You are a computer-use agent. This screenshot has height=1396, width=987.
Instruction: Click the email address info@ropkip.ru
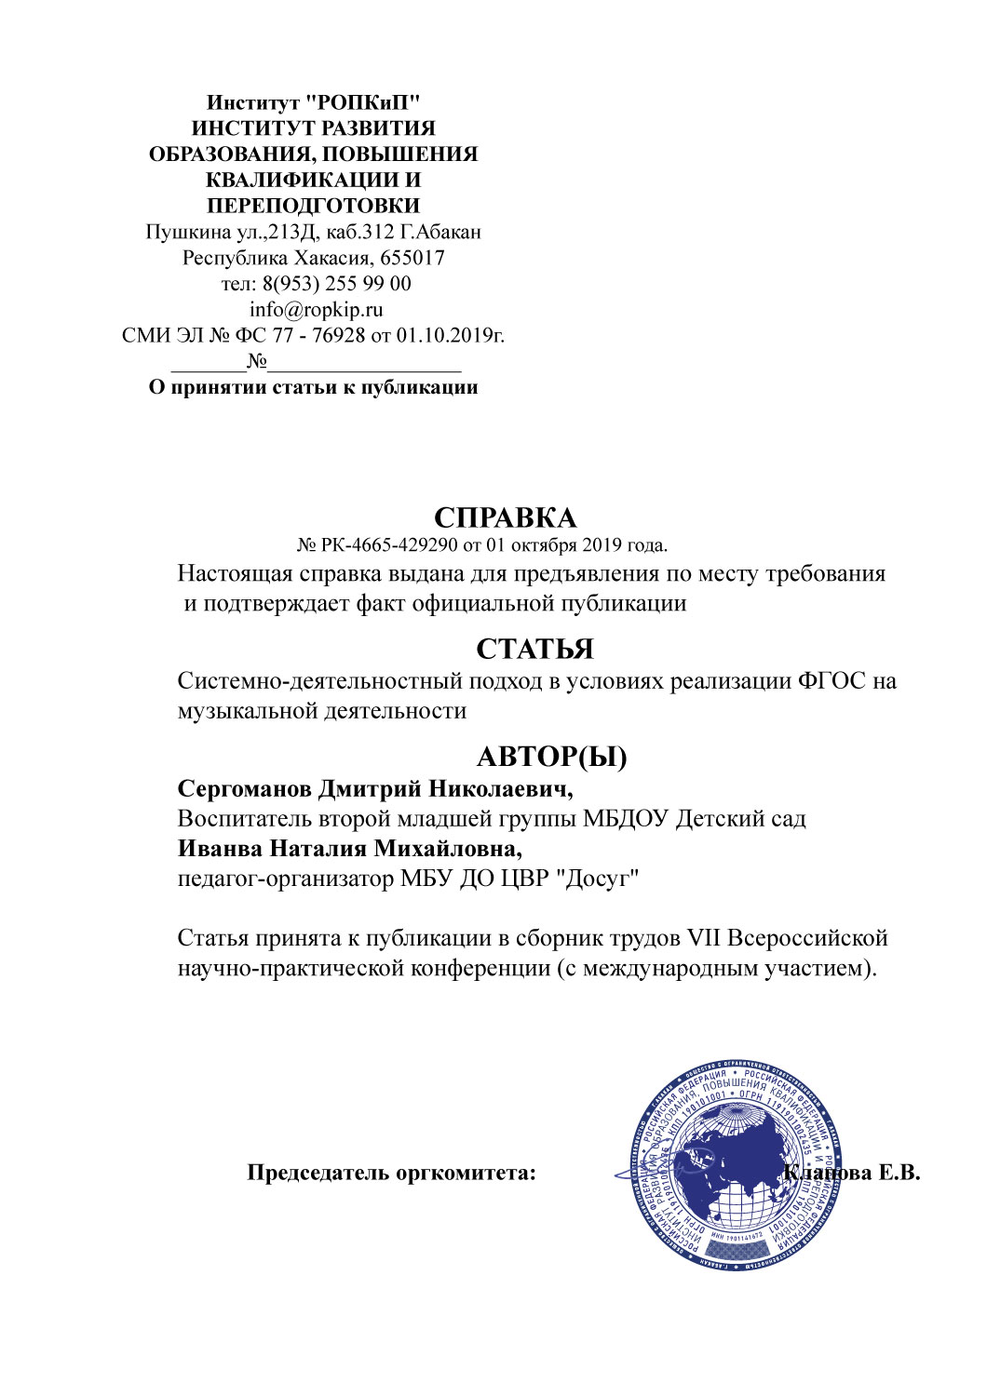[316, 310]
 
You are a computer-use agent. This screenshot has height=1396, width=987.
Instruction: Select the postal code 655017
[412, 258]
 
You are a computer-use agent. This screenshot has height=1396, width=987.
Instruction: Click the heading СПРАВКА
[505, 518]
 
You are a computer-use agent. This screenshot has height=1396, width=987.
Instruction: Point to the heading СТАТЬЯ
[534, 649]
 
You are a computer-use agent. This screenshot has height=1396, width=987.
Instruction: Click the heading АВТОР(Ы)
[551, 757]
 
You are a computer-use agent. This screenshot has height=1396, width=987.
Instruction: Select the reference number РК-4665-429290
[390, 545]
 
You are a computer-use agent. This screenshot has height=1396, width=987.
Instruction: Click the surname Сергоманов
[245, 789]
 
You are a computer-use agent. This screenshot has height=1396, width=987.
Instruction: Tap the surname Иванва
[221, 849]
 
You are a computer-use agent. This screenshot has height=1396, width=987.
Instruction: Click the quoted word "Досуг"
[597, 879]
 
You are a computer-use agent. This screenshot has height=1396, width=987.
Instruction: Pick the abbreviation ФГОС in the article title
[832, 681]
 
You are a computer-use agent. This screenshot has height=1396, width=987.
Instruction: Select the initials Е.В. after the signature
[899, 1173]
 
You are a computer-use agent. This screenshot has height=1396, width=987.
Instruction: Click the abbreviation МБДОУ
[625, 819]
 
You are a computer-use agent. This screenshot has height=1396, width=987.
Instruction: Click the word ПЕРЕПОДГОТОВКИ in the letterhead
[313, 206]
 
